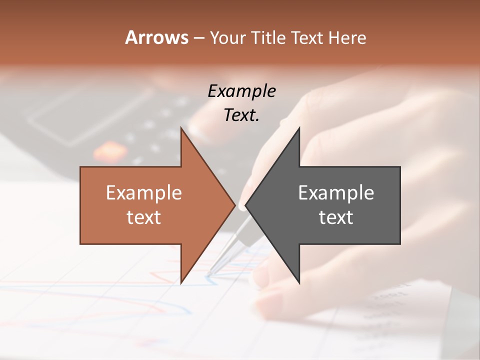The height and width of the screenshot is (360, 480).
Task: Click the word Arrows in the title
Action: tap(156, 37)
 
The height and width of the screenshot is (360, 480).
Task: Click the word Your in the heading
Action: tap(226, 37)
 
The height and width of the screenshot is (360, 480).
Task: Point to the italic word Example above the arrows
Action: tap(241, 91)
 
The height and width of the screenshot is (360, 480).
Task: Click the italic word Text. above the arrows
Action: tap(241, 115)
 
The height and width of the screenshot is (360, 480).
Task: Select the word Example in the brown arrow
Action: tap(144, 192)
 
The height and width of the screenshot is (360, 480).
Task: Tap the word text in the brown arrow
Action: tap(144, 217)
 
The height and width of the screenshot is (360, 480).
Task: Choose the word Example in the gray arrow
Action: tap(336, 192)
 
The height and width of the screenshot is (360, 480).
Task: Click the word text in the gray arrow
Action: tap(336, 217)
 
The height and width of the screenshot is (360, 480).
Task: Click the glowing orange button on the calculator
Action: tap(105, 149)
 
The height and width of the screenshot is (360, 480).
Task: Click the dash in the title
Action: tap(198, 37)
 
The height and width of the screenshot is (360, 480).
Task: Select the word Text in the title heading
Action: tap(307, 37)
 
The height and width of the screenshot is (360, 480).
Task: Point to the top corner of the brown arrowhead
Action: tap(181, 128)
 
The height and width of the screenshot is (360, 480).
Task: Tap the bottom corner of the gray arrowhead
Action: tap(299, 283)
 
